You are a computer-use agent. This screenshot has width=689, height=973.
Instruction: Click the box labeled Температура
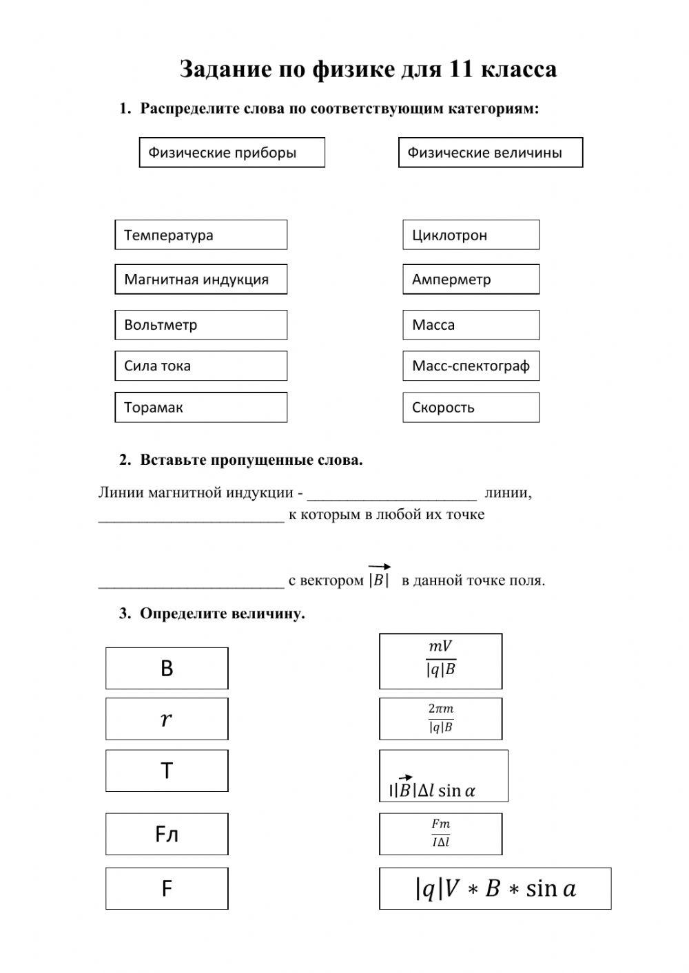[200, 235]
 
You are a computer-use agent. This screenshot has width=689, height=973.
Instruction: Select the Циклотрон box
[471, 235]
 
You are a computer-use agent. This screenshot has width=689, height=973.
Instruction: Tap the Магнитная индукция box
[200, 279]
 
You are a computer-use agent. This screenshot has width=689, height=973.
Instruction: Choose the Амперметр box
[471, 279]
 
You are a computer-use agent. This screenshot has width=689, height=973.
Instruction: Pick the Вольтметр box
[200, 324]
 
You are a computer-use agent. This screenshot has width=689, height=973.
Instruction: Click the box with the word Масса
[471, 324]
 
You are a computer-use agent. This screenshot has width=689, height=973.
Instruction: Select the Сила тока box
[200, 366]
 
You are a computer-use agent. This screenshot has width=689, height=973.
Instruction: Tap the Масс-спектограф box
[471, 366]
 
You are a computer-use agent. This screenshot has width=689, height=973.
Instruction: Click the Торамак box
[200, 407]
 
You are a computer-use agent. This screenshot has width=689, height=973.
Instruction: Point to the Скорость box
[471, 407]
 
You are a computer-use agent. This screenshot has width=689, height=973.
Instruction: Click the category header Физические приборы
[232, 152]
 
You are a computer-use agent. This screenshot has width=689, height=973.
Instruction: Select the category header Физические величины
[490, 152]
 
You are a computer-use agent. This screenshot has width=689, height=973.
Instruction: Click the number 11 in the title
[460, 69]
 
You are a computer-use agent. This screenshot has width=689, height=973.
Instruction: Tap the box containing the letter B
[167, 668]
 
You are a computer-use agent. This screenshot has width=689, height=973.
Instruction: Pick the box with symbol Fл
[167, 834]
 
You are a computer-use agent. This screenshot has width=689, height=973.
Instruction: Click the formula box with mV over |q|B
[440, 661]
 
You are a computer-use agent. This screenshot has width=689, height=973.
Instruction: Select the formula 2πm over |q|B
[440, 718]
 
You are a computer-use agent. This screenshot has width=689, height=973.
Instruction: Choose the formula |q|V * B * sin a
[495, 888]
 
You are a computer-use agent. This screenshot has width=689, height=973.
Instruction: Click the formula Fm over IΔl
[440, 833]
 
